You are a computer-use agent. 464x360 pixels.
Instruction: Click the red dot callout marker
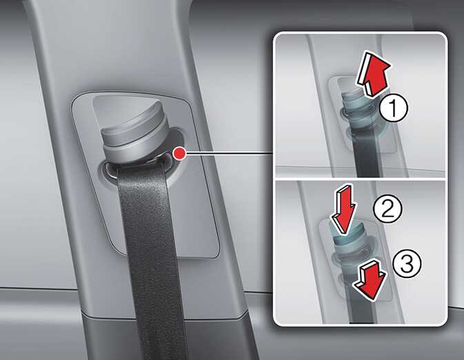click(x=179, y=153)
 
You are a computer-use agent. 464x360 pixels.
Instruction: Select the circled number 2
click(x=387, y=208)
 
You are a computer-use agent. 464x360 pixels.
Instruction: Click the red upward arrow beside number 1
click(x=374, y=74)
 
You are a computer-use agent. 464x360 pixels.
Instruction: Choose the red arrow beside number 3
click(x=370, y=279)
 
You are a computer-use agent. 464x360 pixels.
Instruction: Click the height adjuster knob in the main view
click(x=134, y=132)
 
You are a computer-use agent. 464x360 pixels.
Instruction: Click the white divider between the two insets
click(x=360, y=179)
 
